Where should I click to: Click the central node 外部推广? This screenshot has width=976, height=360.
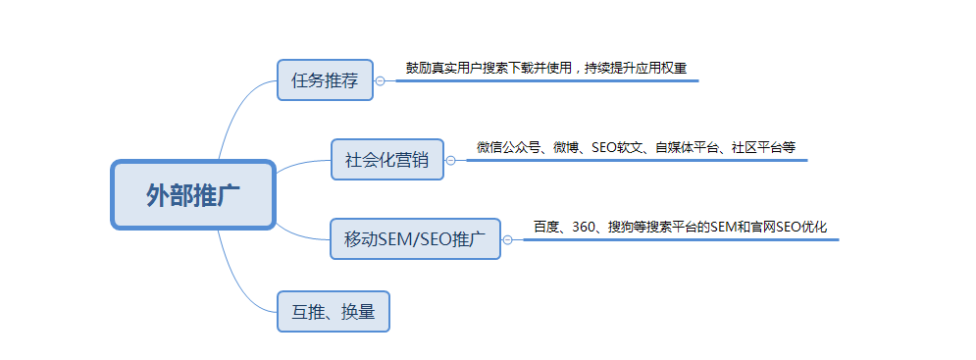pyautogui.click(x=192, y=195)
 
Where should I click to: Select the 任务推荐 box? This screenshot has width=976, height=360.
pyautogui.click(x=325, y=79)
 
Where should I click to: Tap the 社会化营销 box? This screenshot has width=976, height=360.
pyautogui.click(x=387, y=160)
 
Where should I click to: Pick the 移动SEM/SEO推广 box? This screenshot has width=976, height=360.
pyautogui.click(x=415, y=238)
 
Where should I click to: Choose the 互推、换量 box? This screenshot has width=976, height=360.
pyautogui.click(x=334, y=311)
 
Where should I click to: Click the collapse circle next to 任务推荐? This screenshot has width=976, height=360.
pyautogui.click(x=381, y=80)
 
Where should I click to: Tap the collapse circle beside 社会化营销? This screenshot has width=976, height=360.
pyautogui.click(x=451, y=160)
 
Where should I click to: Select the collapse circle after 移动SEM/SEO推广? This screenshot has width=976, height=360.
pyautogui.click(x=508, y=238)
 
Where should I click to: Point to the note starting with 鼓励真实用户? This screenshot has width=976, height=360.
pyautogui.click(x=546, y=69)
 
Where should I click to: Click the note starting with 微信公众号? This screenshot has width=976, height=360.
pyautogui.click(x=636, y=148)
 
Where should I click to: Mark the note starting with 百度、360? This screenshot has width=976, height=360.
pyautogui.click(x=680, y=227)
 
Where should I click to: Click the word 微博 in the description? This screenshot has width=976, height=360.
pyautogui.click(x=566, y=148)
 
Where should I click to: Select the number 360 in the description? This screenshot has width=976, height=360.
pyautogui.click(x=584, y=227)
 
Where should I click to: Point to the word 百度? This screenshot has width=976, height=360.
pyautogui.click(x=545, y=227)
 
